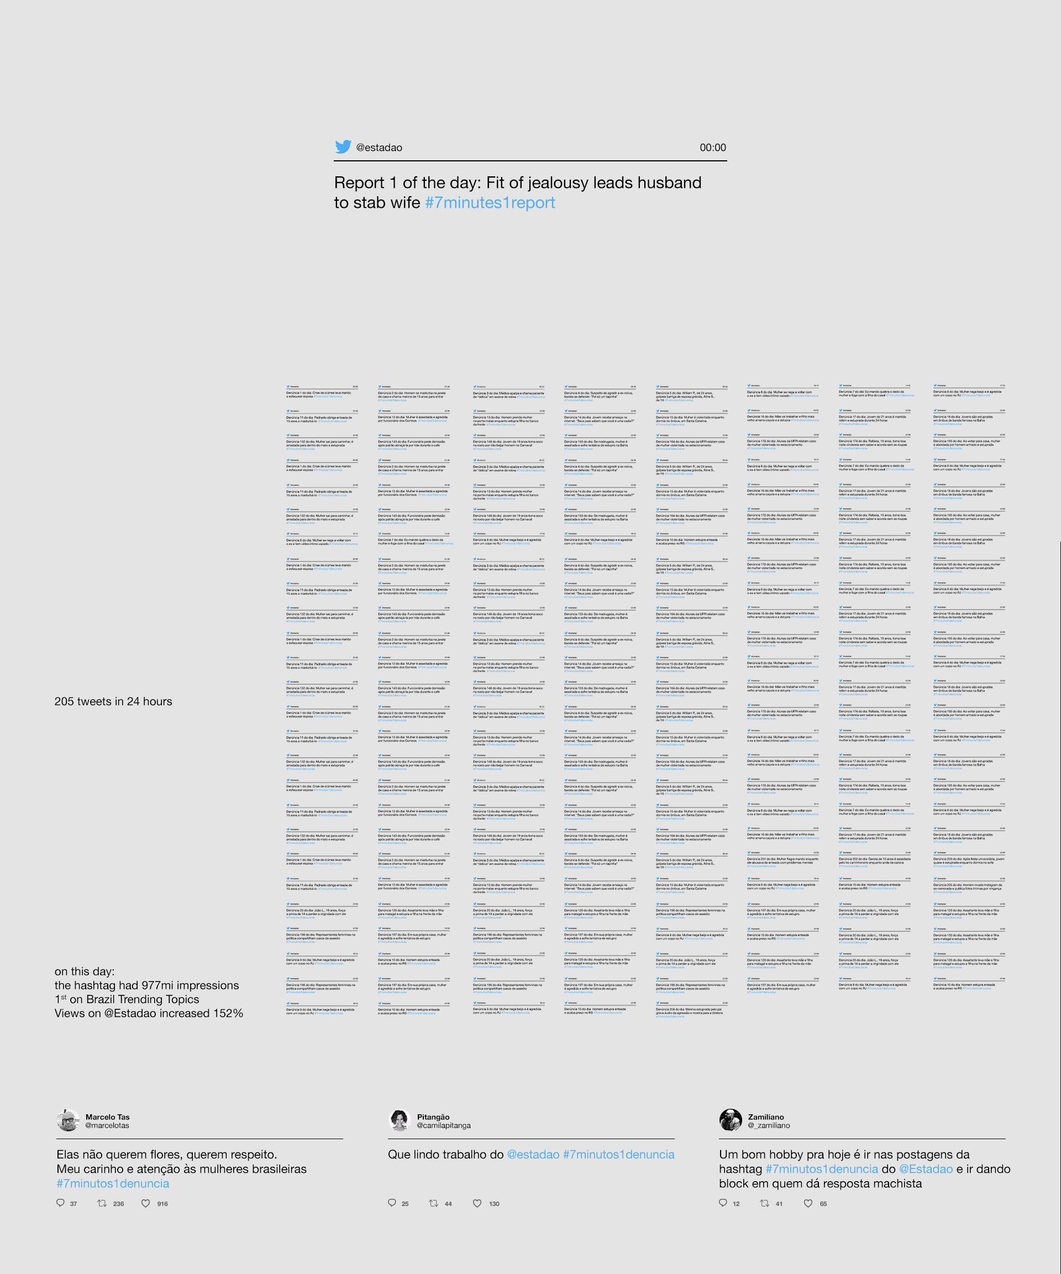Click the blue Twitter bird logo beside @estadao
click(343, 147)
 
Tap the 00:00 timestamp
click(712, 148)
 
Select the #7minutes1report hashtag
click(490, 203)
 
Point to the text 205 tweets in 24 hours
click(113, 701)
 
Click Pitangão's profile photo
click(399, 1120)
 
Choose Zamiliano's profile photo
click(731, 1120)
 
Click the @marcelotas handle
click(107, 1125)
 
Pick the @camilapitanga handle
click(443, 1125)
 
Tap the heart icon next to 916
click(145, 1204)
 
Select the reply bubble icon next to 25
click(392, 1204)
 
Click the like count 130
click(495, 1204)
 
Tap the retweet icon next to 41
click(764, 1204)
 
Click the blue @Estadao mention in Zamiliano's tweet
click(926, 1169)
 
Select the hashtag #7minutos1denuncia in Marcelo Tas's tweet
click(113, 1183)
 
